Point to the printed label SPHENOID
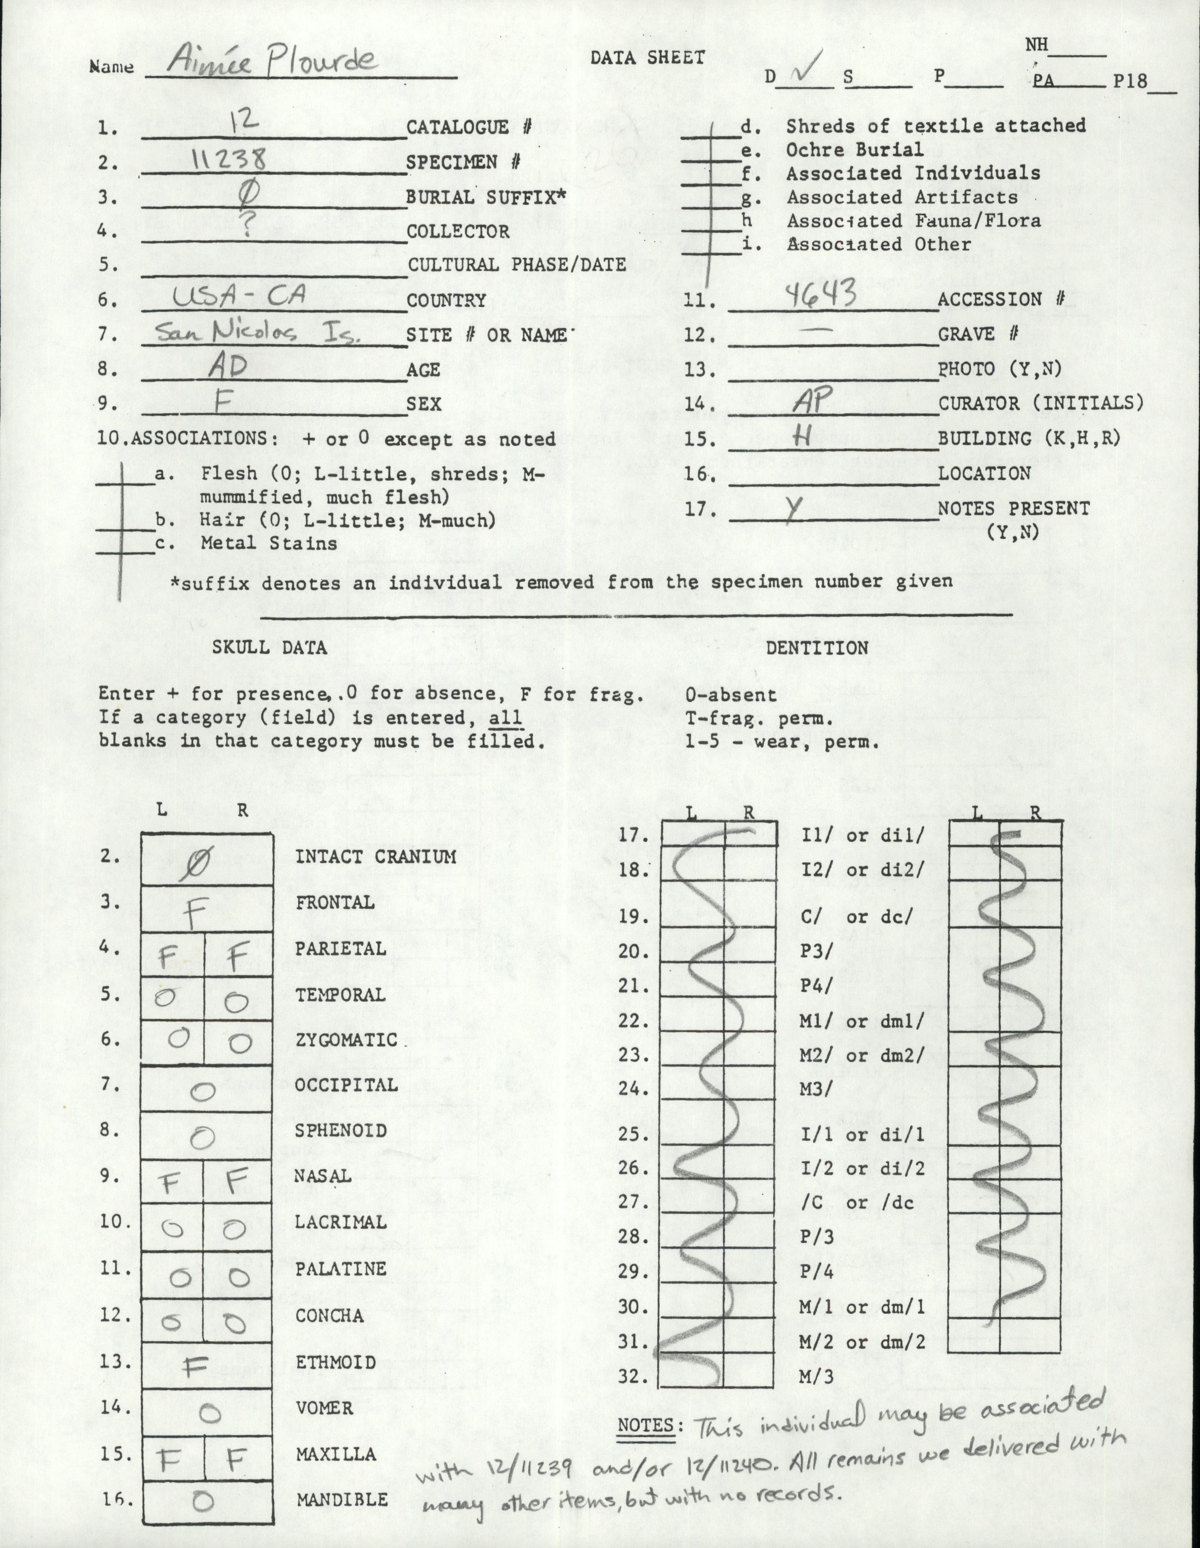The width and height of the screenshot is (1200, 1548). click(x=341, y=1130)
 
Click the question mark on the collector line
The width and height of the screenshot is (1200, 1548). click(x=248, y=225)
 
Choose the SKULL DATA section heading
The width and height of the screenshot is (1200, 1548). click(x=269, y=647)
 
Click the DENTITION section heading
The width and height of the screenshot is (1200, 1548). click(x=817, y=647)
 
